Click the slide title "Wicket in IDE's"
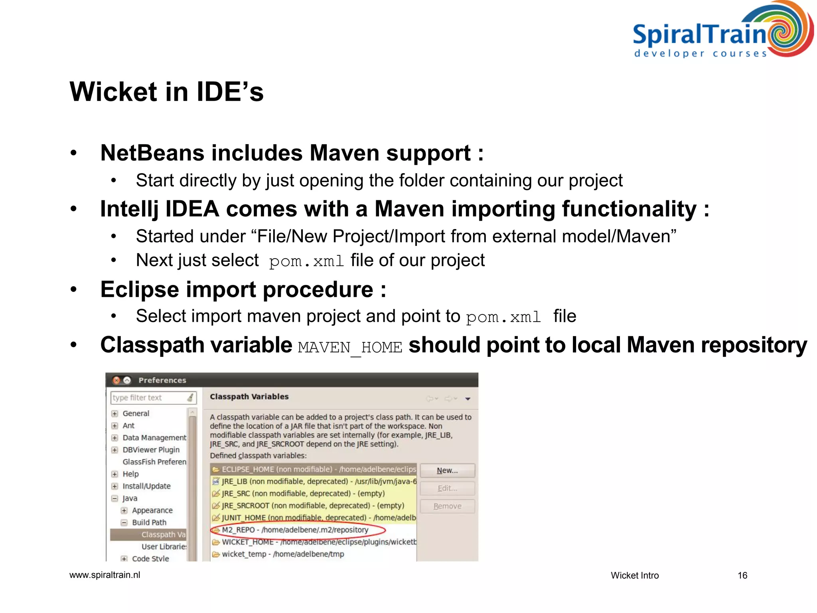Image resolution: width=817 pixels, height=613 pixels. pos(166,92)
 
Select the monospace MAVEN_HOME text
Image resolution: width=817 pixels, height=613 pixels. pos(350,347)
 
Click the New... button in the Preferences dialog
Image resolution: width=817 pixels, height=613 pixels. pos(447,471)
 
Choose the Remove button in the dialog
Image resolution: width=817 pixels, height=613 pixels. pos(447,506)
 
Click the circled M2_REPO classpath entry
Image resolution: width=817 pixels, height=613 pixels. pos(295,530)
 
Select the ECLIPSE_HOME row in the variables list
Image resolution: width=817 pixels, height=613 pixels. pos(313,469)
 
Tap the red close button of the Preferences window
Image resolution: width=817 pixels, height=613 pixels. pos(116,380)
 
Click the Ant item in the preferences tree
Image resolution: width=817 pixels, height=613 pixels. pos(128,425)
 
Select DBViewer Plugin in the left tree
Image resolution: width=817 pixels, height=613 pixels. pos(151,450)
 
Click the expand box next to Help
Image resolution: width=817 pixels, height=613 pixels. pos(115,474)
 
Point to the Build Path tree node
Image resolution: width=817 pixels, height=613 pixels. pos(149,522)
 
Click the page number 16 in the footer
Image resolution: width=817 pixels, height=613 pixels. pos(742,575)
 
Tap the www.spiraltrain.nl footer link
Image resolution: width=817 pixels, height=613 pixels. pos(105,575)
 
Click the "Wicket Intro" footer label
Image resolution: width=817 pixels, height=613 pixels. pos(634,575)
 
